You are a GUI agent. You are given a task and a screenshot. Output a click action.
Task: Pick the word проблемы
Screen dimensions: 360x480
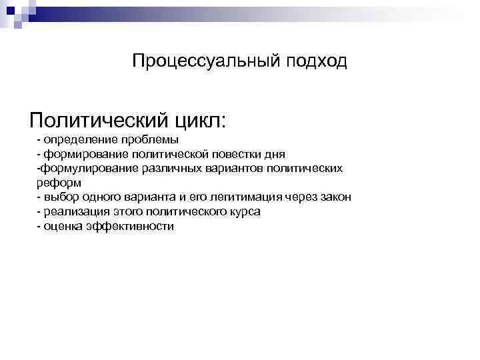tap(147, 139)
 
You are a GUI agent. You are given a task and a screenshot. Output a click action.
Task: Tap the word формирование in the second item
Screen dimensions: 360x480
tap(82, 154)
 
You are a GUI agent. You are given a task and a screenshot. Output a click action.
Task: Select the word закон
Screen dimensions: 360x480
tap(335, 197)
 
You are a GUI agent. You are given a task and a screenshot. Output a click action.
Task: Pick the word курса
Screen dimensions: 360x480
tap(241, 212)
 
